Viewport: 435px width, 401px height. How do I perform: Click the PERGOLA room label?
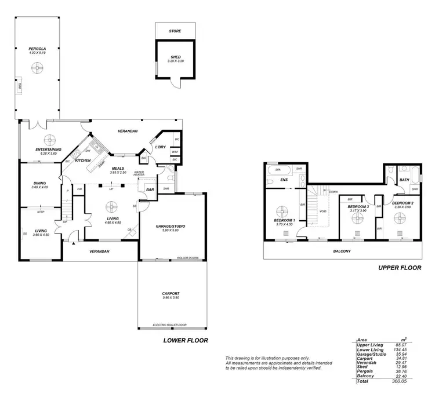[37, 49]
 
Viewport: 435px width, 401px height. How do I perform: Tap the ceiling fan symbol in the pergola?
[38, 68]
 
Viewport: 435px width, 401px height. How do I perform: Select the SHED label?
[175, 57]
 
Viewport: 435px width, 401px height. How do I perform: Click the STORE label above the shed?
[175, 30]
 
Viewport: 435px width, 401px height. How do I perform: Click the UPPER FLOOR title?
[400, 268]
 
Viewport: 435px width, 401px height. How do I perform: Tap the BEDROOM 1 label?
[285, 221]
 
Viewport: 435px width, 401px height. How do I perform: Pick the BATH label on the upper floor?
[404, 180]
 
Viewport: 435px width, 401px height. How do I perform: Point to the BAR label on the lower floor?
[149, 189]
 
